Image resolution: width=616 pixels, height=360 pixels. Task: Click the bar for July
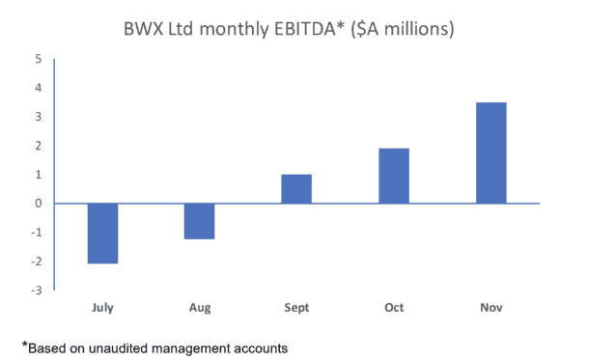tap(102, 233)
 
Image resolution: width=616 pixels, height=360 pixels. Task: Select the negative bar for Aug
tap(199, 221)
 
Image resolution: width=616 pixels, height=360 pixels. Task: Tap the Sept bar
tap(296, 189)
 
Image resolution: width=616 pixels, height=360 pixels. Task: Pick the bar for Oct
tap(394, 176)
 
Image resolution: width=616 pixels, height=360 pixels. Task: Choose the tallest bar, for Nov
tap(490, 152)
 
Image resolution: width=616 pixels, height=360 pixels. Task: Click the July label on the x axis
tap(102, 308)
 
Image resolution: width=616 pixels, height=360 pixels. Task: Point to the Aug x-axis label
tap(199, 308)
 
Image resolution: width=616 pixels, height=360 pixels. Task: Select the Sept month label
tap(296, 308)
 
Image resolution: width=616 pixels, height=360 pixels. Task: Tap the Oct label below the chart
tap(394, 308)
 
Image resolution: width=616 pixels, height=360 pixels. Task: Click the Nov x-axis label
tap(490, 308)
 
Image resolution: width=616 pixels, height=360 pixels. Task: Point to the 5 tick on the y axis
tap(38, 59)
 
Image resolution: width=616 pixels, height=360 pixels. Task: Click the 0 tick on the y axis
tap(38, 204)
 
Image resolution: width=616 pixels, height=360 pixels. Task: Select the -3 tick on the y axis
tap(36, 291)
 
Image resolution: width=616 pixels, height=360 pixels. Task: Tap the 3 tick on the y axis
tap(38, 117)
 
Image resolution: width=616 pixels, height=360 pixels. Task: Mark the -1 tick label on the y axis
tap(36, 233)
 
